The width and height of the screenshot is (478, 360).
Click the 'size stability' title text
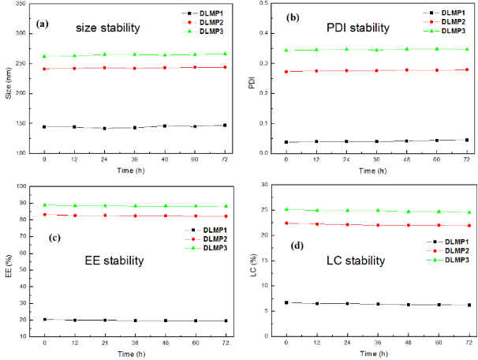coord(108,28)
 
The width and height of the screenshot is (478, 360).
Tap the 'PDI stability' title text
coord(358,28)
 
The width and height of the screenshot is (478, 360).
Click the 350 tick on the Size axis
coord(21,13)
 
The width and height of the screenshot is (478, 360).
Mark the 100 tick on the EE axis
coord(21,186)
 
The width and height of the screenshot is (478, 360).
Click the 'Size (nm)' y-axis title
coord(8,83)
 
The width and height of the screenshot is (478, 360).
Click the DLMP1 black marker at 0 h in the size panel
coord(44,126)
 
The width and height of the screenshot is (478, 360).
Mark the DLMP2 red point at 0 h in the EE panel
coord(44,215)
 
